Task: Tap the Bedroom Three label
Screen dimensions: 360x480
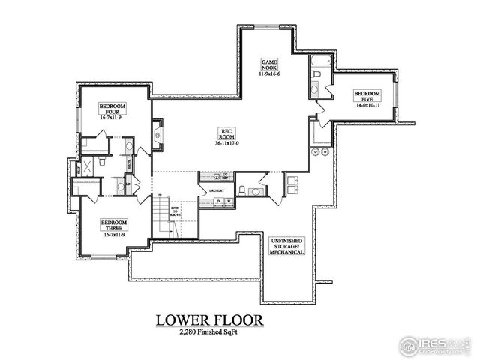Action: (114, 226)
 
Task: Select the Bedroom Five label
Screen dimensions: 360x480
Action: (367, 96)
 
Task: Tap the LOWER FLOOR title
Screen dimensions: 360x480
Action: (209, 319)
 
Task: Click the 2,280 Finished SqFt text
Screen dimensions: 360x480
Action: (209, 332)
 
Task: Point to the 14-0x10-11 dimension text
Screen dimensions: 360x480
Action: (367, 106)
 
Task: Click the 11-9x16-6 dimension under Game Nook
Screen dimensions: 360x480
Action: (269, 74)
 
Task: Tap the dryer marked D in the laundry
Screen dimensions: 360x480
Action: (217, 202)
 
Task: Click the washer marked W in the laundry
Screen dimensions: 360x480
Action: (227, 202)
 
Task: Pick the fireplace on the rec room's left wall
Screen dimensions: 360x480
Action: (157, 134)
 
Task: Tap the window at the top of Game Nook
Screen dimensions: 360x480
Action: (269, 27)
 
